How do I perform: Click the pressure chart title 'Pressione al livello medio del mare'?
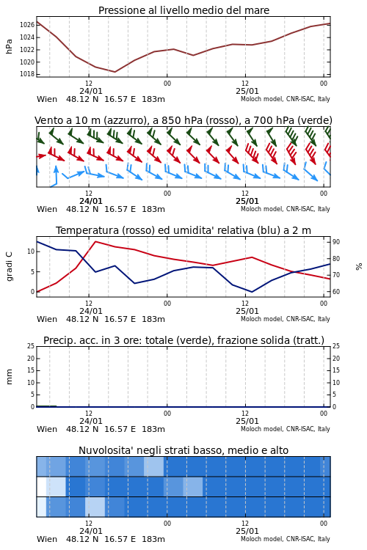tap(183, 10)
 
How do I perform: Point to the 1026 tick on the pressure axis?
tap(27, 24)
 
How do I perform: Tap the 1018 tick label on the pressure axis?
tap(27, 74)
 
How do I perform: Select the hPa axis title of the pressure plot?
tap(9, 46)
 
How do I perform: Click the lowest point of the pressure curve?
tap(115, 72)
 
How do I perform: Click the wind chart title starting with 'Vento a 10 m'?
tap(183, 120)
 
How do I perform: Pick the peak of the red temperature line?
tap(95, 241)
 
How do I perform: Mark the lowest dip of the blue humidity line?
tap(252, 292)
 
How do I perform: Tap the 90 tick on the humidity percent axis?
tap(336, 242)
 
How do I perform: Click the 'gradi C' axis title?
tap(9, 266)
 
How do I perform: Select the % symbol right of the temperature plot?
tap(359, 267)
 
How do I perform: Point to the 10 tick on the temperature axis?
tap(31, 252)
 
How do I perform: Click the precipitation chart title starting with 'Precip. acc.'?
tap(183, 340)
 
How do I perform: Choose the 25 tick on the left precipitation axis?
tap(31, 346)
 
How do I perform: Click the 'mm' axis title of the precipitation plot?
tap(9, 377)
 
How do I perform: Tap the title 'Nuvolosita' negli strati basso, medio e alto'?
tap(183, 450)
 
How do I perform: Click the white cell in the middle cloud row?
tap(41, 486)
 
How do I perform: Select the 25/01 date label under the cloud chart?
tap(247, 531)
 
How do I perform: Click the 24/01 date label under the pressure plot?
tap(90, 91)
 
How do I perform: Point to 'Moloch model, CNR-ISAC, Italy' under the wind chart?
tap(286, 209)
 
